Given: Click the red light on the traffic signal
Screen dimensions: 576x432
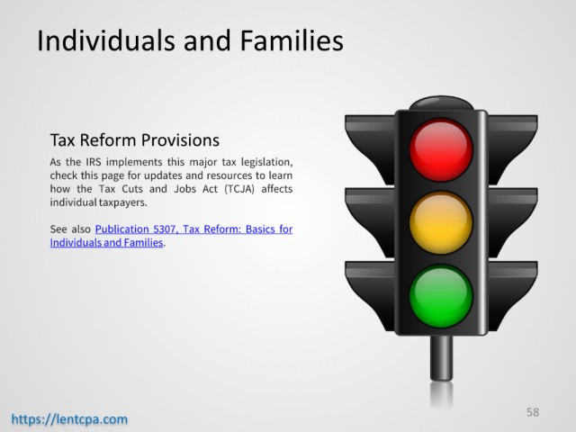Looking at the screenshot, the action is coord(441,150).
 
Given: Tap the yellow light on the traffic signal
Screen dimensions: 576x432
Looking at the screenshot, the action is coord(441,222).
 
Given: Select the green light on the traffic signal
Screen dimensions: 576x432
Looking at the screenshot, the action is coord(441,296).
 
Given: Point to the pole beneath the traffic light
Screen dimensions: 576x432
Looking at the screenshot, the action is coord(441,358).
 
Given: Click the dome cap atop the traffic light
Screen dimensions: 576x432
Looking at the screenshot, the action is coord(441,103).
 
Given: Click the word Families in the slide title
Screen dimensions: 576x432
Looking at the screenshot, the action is coord(292,40).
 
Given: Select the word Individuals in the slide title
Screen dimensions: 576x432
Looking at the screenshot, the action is coord(106,40).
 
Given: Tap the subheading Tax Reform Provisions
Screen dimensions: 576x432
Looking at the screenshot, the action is coord(134,140).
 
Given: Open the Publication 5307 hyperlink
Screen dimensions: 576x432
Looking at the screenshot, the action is coord(171,236).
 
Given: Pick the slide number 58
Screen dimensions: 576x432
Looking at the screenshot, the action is coord(533,412).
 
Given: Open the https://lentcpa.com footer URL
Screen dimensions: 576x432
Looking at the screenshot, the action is coord(69,419).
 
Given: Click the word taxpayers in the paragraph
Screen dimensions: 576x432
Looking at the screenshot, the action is coord(123,202).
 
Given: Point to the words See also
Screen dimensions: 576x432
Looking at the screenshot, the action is coord(70,229).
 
